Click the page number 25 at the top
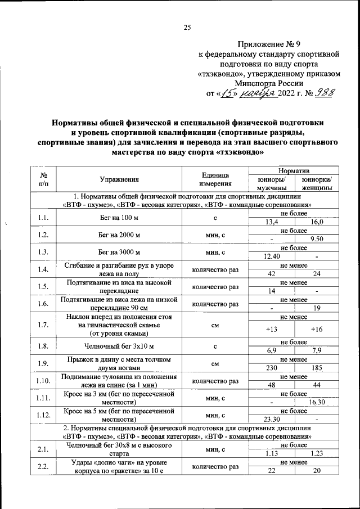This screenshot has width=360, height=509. [187, 27]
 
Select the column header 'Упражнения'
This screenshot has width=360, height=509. [119, 179]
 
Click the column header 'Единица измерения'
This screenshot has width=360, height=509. [215, 179]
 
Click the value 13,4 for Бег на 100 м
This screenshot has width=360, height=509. [272, 222]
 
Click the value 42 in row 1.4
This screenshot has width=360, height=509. [272, 273]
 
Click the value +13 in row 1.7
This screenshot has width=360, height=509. [272, 329]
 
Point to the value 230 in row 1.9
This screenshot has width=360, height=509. [272, 367]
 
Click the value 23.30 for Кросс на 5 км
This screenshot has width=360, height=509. [272, 419]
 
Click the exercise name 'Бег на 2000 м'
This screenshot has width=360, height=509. [119, 235]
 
